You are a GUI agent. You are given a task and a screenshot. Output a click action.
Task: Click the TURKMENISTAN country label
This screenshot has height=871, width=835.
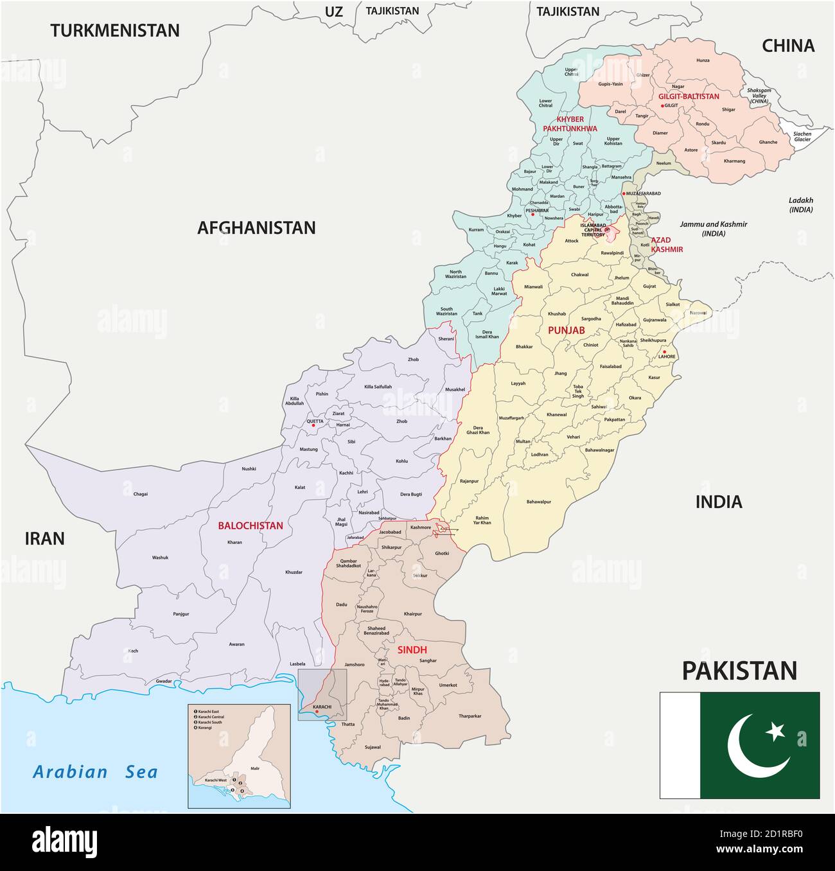115,30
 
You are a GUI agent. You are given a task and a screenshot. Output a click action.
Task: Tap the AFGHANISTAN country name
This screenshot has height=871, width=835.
256,227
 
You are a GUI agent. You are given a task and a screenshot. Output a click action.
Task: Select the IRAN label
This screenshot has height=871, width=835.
45,538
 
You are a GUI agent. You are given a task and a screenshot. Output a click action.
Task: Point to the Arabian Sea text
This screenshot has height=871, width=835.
96,771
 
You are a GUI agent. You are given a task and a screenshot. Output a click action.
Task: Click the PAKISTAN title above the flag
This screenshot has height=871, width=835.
739,671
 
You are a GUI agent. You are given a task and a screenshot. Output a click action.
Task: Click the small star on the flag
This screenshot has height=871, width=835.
776,730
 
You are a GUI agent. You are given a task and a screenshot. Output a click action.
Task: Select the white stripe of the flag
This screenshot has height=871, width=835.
680,745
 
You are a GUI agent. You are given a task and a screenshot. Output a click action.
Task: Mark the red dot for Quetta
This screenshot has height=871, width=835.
313,425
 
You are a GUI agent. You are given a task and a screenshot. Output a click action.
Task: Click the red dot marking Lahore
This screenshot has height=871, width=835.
664,351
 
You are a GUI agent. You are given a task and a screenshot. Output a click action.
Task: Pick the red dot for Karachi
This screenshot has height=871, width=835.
317,712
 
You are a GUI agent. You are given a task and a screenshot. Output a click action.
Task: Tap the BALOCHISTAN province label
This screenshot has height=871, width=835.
251,525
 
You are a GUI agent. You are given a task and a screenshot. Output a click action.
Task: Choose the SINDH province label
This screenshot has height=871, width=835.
412,650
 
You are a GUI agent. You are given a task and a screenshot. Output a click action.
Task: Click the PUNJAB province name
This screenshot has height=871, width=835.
566,330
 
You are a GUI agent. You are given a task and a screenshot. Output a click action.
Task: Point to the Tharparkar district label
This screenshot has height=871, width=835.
470,716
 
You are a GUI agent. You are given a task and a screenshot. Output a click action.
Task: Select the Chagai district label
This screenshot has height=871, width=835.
140,494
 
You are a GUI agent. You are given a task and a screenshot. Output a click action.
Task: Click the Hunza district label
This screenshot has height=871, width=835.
703,60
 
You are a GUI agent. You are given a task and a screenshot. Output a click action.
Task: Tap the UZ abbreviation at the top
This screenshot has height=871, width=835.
333,11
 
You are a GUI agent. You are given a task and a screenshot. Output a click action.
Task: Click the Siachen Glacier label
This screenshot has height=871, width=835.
802,136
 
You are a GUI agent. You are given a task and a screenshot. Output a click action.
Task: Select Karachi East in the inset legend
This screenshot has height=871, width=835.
209,712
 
